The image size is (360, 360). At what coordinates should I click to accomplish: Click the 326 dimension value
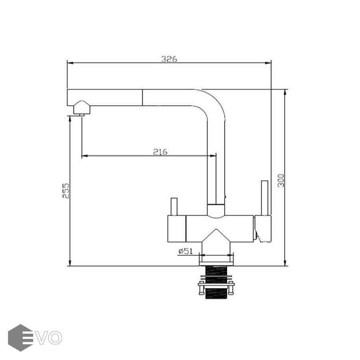[x=169, y=59]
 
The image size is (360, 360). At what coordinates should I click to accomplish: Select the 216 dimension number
[x=160, y=152]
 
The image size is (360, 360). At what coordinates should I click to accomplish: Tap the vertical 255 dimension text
[x=66, y=190]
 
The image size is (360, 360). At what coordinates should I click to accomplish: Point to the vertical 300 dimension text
[x=281, y=181]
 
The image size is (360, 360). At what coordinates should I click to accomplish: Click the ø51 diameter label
[x=185, y=251]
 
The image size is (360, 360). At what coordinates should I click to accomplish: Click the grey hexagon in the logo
[x=20, y=338]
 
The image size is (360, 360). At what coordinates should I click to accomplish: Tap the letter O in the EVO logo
[x=55, y=338]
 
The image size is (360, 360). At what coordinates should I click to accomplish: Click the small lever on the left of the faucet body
[x=174, y=206]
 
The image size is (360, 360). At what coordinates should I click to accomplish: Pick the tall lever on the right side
[x=265, y=198]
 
